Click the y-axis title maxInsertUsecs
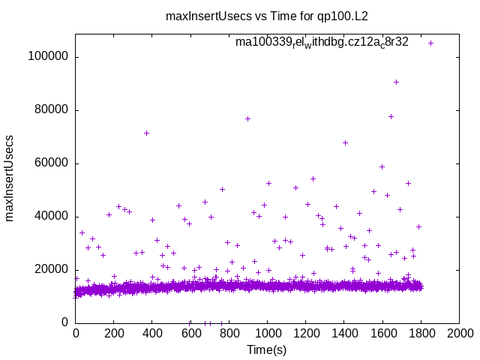pyautogui.click(x=10, y=178)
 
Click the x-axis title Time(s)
pyautogui.click(x=266, y=349)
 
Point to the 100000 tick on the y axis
pyautogui.click(x=48, y=57)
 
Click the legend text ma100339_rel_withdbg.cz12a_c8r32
pyautogui.click(x=322, y=43)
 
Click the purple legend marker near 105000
pyautogui.click(x=430, y=43)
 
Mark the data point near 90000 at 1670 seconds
pyautogui.click(x=396, y=82)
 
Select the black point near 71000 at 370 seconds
pyautogui.click(x=147, y=133)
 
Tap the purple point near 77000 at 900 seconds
pyautogui.click(x=247, y=118)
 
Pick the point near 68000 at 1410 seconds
pyautogui.click(x=346, y=142)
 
